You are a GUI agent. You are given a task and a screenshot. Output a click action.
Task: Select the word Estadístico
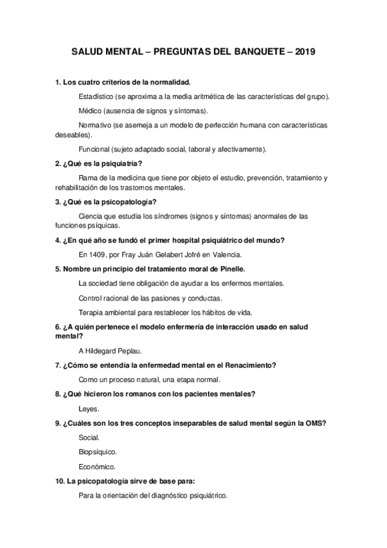click(x=96, y=96)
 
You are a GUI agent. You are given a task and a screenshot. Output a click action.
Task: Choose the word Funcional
click(x=94, y=149)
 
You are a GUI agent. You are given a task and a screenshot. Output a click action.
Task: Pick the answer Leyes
click(x=89, y=409)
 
